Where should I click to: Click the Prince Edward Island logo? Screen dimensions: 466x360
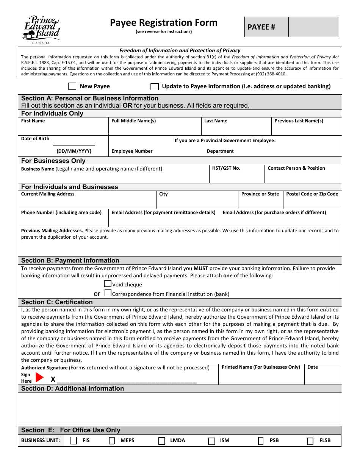click(x=41, y=29)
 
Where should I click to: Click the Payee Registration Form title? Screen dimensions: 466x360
click(x=164, y=23)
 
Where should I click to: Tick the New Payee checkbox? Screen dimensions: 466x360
click(x=72, y=86)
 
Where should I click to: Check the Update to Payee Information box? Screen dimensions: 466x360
click(x=155, y=86)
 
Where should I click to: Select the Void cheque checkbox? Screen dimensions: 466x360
click(x=108, y=284)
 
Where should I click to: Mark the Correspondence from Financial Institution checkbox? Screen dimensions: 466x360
click(x=108, y=293)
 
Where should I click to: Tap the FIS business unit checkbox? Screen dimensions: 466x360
click(x=74, y=441)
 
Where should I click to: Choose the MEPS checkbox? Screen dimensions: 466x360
click(x=112, y=441)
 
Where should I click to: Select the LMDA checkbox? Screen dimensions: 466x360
click(x=161, y=441)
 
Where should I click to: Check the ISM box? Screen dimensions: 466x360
click(x=211, y=441)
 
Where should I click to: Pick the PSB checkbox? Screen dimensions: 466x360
click(x=261, y=441)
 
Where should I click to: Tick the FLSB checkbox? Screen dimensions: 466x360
click(x=310, y=441)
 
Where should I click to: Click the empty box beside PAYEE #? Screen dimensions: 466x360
click(x=313, y=27)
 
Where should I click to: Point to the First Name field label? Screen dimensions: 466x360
click(x=33, y=121)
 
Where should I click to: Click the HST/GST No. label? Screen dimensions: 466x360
click(x=226, y=168)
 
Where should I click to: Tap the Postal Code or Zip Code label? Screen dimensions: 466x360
click(x=312, y=194)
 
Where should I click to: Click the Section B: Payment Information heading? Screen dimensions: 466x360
click(x=70, y=260)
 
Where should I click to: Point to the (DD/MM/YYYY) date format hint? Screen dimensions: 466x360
click(x=74, y=151)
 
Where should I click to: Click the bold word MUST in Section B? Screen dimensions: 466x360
click(x=201, y=268)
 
